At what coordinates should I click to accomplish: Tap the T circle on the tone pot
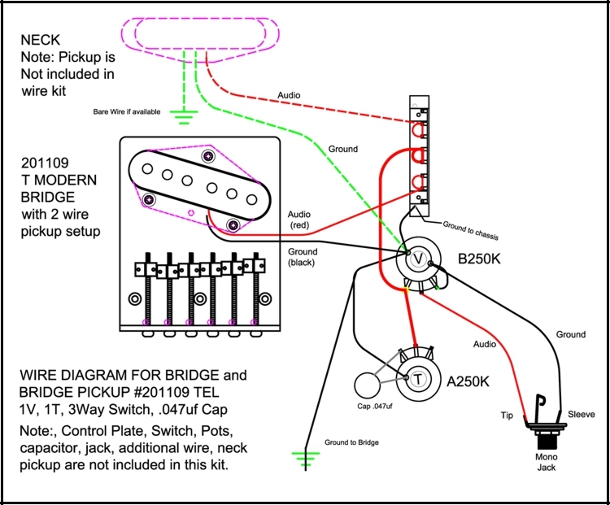point(418,379)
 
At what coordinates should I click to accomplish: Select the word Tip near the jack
point(507,415)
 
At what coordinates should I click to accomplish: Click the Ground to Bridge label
point(351,442)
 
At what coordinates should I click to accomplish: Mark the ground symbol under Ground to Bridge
point(307,461)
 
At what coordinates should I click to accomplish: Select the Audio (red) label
point(298,220)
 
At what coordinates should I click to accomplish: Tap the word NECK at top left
point(40,39)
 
